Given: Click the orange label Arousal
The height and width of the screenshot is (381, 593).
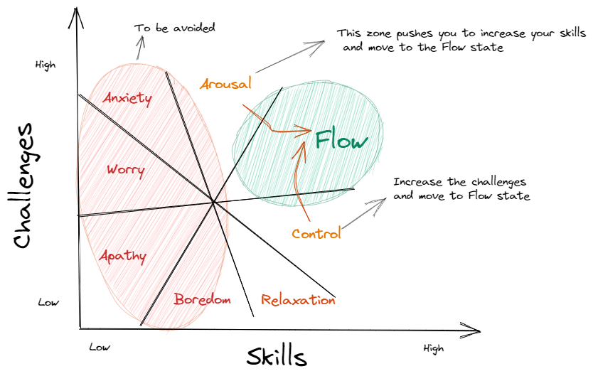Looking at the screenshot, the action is pyautogui.click(x=225, y=85).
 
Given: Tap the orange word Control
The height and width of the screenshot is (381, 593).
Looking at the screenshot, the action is pyautogui.click(x=316, y=233).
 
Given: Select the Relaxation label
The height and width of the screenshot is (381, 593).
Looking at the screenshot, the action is pyautogui.click(x=298, y=300).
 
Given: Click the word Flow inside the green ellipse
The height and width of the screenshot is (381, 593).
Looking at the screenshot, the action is pyautogui.click(x=343, y=140).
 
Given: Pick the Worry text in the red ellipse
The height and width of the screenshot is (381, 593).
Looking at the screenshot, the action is pyautogui.click(x=127, y=171).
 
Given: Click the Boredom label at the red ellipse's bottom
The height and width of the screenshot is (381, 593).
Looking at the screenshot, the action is pyautogui.click(x=203, y=300).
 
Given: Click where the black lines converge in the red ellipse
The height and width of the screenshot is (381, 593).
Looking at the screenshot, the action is pyautogui.click(x=214, y=203).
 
